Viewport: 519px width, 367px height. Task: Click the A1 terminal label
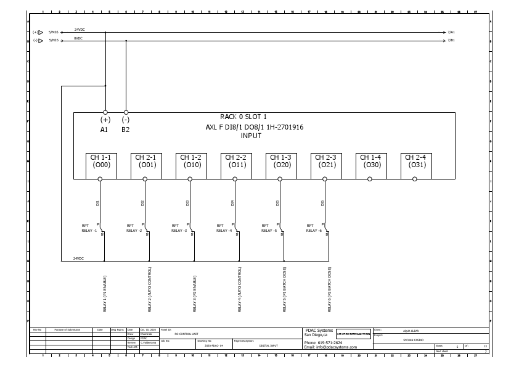tap(104, 130)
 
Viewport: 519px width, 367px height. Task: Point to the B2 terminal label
tap(125, 130)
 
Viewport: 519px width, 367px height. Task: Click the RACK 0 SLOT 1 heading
tap(243, 117)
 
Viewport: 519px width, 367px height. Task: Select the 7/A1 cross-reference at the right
tap(451, 32)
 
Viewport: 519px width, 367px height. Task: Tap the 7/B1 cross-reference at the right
tap(451, 41)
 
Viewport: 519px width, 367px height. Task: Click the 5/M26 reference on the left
tap(54, 32)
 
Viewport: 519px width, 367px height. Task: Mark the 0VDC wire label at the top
tap(78, 38)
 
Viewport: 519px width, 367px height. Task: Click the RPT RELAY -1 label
tap(89, 228)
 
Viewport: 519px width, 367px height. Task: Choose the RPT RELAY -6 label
tap(314, 228)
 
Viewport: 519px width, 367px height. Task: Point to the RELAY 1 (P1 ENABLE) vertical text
tap(105, 294)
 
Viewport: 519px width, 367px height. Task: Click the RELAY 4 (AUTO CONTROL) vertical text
tap(240, 289)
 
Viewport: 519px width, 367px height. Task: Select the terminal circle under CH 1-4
tap(370, 179)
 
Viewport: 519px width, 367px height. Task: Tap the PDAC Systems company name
tap(319, 330)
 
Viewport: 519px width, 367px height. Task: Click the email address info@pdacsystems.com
tap(330, 347)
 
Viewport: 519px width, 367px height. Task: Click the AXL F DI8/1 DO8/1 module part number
tap(255, 127)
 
